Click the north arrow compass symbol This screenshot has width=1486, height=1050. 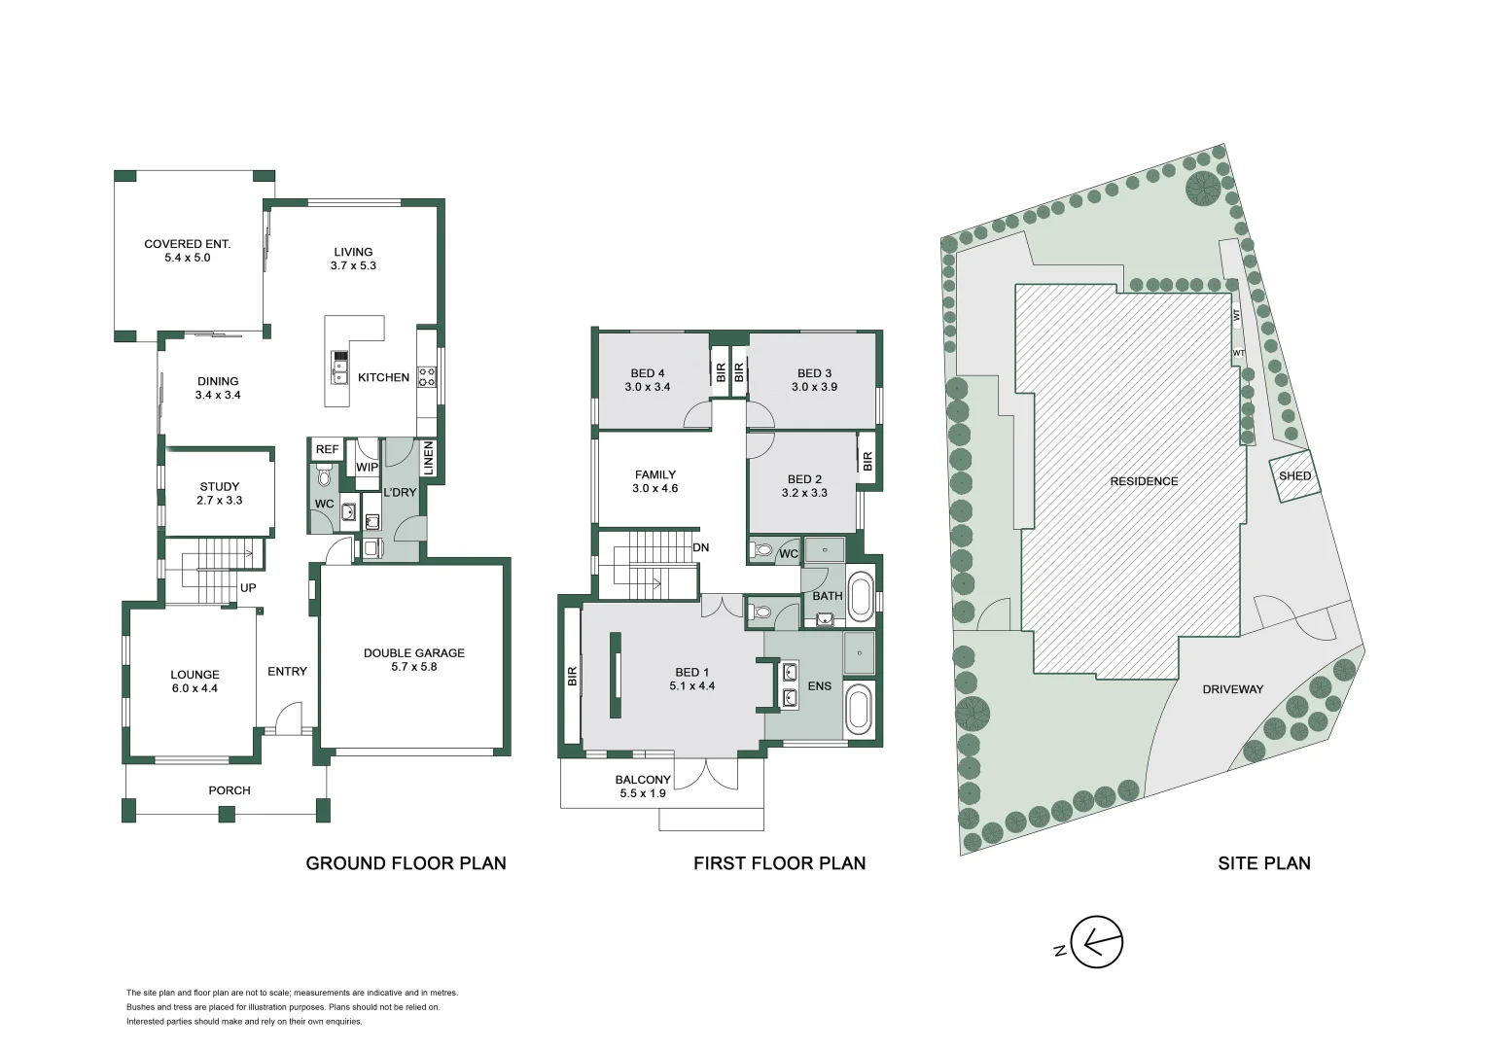click(1096, 942)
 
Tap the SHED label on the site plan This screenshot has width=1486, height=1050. click(1294, 476)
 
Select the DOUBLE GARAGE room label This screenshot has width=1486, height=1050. click(413, 660)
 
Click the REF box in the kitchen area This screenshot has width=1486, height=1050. click(327, 449)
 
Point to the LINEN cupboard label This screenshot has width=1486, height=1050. click(428, 459)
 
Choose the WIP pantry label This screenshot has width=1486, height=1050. click(367, 468)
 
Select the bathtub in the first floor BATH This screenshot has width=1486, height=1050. click(861, 598)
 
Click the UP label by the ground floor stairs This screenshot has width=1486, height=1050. click(248, 588)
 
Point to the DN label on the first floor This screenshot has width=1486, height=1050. click(700, 547)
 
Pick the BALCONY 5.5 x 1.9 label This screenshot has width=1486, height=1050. click(643, 787)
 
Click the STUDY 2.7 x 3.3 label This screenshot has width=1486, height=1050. click(220, 493)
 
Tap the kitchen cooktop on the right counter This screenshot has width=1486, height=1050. click(427, 376)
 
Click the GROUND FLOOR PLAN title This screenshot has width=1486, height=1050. click(406, 863)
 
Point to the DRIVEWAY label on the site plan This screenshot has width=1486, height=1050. click(1232, 689)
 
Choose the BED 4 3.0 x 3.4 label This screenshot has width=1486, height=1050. click(647, 380)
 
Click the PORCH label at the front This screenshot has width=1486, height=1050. click(230, 790)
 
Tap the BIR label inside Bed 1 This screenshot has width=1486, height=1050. click(573, 676)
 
